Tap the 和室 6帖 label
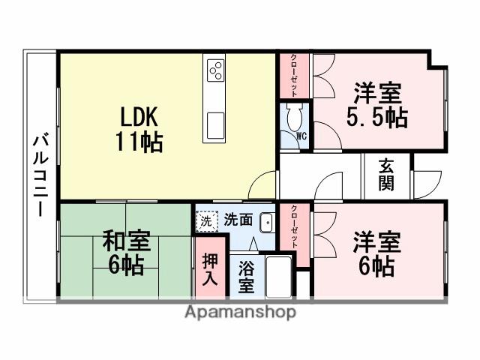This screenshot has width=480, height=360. (x=126, y=253)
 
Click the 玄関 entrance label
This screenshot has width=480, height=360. (x=386, y=175)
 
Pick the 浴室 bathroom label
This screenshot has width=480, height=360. (x=246, y=276)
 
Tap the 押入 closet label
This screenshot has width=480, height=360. (x=210, y=269)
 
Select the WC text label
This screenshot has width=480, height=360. (x=301, y=136)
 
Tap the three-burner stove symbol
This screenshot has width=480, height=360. (x=216, y=70)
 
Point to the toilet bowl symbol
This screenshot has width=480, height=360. (x=293, y=116)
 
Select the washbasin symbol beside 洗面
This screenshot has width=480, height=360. (x=265, y=222)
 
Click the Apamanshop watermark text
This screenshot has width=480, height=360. (x=240, y=312)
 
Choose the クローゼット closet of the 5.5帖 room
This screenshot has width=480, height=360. (x=295, y=75)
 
